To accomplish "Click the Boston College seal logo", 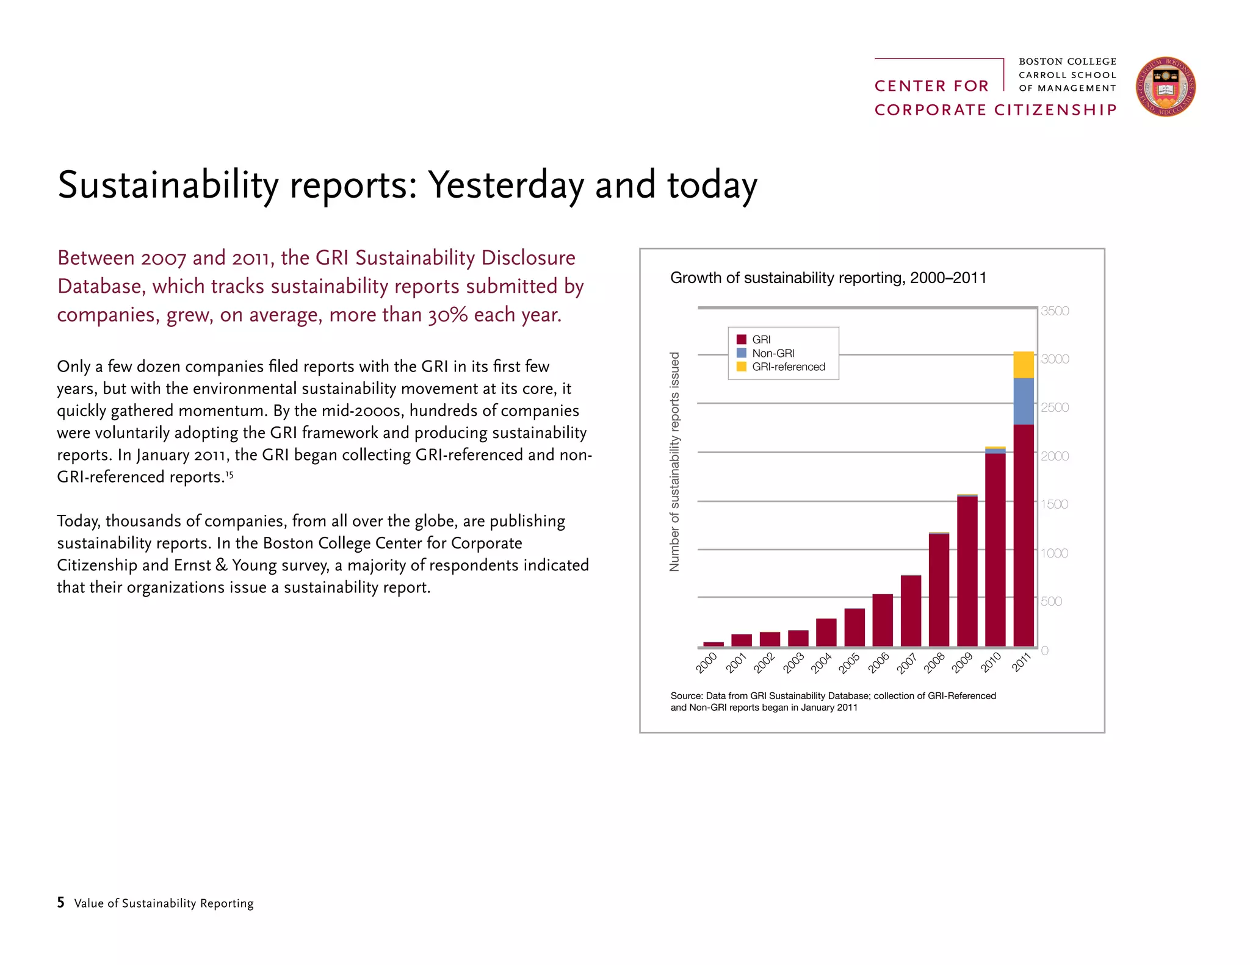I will point(1165,87).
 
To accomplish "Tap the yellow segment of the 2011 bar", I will point(1024,365).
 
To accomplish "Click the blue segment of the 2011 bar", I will point(1024,401).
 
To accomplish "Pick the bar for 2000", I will point(713,644).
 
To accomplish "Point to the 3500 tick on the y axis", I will point(1055,311).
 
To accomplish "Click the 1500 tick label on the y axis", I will point(1055,504).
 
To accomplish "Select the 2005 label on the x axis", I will point(849,663).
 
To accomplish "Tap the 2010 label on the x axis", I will point(991,662).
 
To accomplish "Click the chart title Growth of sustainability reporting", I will point(828,278).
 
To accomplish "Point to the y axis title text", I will point(674,462).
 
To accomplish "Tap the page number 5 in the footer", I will point(60,902).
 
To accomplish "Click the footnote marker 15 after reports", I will point(229,473).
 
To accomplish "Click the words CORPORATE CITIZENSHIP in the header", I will point(995,110).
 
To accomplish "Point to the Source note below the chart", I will point(833,701).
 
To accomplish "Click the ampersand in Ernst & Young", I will point(221,565).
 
